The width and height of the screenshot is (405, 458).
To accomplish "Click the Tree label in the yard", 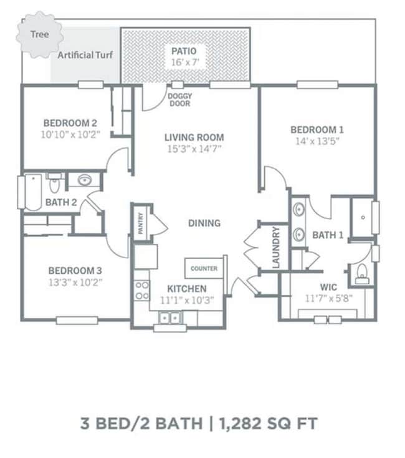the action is pyautogui.click(x=39, y=34).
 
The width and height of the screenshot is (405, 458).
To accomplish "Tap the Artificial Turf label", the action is pyautogui.click(x=85, y=55).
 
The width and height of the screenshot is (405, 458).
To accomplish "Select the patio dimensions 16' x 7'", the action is pyautogui.click(x=185, y=62).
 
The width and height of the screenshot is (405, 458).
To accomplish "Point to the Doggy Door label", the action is pyautogui.click(x=180, y=100).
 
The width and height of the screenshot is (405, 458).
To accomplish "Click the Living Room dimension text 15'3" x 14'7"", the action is pyautogui.click(x=194, y=149).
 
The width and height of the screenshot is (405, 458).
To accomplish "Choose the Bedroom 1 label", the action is pyautogui.click(x=317, y=129).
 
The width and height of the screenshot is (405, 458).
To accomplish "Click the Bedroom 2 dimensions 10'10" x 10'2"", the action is pyautogui.click(x=70, y=134).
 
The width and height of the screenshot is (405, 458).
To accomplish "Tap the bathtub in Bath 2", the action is pyautogui.click(x=33, y=192).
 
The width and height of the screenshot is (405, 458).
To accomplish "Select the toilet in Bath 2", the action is pyautogui.click(x=54, y=183).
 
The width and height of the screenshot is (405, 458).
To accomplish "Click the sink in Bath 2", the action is pyautogui.click(x=85, y=180).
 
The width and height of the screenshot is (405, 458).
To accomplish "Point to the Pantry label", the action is pyautogui.click(x=141, y=223).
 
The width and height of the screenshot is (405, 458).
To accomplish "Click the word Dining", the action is pyautogui.click(x=204, y=223).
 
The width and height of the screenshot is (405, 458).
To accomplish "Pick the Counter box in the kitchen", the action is pyautogui.click(x=204, y=268).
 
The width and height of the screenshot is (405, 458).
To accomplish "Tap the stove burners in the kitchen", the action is pyautogui.click(x=142, y=291).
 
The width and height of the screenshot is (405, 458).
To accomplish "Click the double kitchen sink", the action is pyautogui.click(x=169, y=317).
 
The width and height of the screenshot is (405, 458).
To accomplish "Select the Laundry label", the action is pyautogui.click(x=276, y=247).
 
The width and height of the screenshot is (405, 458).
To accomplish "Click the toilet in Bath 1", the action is pyautogui.click(x=362, y=274).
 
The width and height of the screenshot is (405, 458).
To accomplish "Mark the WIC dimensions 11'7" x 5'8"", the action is pyautogui.click(x=329, y=299).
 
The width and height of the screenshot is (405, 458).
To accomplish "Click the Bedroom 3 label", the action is pyautogui.click(x=75, y=271).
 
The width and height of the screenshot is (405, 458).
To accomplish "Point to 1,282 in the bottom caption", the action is pyautogui.click(x=240, y=424).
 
